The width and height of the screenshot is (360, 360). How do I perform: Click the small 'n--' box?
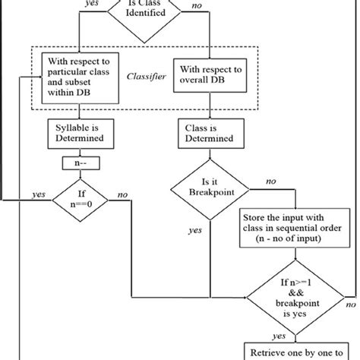[79, 164]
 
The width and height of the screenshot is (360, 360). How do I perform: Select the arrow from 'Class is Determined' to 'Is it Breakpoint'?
[208, 154]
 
